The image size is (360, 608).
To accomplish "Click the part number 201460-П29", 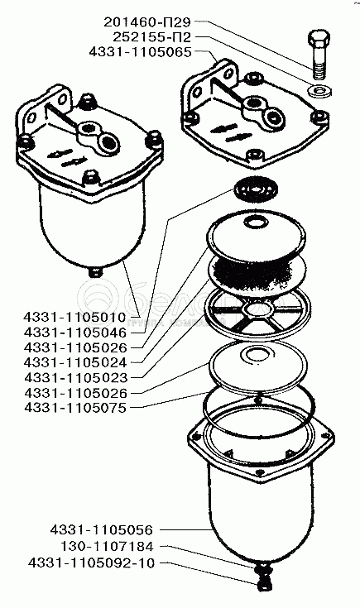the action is tap(147, 22).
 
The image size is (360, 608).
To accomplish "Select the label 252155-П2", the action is tap(152, 37).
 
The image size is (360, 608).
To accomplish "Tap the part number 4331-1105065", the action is tap(141, 52).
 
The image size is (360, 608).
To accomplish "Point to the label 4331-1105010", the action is tap(75, 317).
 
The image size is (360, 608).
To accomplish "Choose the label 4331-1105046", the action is tap(75, 333).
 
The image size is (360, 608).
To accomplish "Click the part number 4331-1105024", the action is tap(75, 362).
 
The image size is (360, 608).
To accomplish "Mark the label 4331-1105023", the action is tap(75, 378).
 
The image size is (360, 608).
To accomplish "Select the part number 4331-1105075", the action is tap(75, 408).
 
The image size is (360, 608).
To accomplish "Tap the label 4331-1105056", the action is tap(102, 529).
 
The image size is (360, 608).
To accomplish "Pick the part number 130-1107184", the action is tap(107, 546).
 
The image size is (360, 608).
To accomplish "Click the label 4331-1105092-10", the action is tap(91, 563).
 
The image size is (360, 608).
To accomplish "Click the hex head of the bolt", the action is tap(319, 40).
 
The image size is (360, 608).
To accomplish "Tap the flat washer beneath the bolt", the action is tap(319, 92).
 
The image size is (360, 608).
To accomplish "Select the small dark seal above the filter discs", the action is tap(257, 189).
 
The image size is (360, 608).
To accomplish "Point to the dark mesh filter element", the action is tap(256, 274).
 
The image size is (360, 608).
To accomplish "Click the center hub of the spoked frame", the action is tap(254, 310).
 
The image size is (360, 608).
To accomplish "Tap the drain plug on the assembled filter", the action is tap(95, 271).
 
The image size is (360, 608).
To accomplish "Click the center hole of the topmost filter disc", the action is tap(255, 223).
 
